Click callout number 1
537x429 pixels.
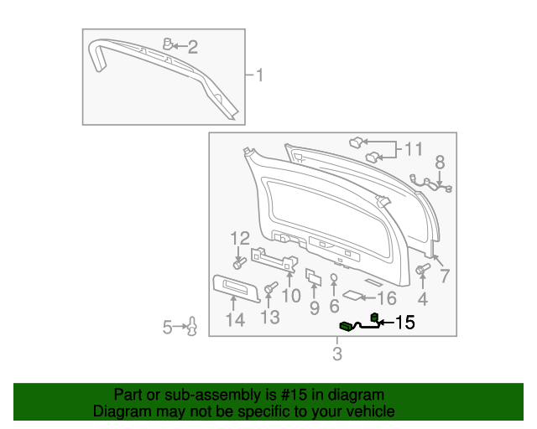click(259, 76)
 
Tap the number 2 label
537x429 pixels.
click(192, 47)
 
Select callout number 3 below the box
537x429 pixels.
click(337, 354)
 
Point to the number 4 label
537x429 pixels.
click(422, 298)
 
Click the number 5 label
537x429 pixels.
click(168, 327)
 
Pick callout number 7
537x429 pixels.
click(445, 276)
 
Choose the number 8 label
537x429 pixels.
click(440, 163)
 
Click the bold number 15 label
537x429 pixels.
click(404, 322)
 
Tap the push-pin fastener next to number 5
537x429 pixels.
click(192, 327)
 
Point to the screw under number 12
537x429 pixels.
click(239, 263)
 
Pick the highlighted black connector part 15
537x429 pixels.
click(346, 326)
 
